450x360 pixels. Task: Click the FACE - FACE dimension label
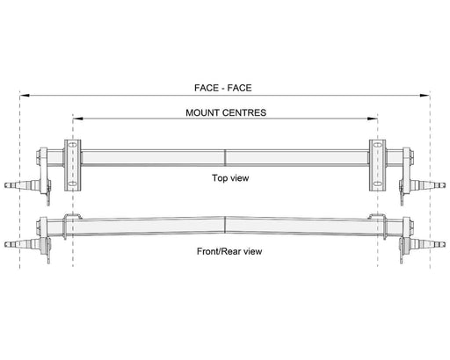pyautogui.click(x=223, y=88)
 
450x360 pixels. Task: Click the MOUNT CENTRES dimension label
pyautogui.click(x=226, y=112)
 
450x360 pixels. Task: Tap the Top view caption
pyautogui.click(x=230, y=178)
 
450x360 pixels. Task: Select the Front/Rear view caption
pyautogui.click(x=229, y=251)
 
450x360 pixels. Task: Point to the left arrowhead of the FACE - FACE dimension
pyautogui.click(x=25, y=96)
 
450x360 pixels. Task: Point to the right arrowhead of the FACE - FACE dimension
pyautogui.click(x=425, y=96)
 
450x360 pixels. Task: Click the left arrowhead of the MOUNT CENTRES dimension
pyautogui.click(x=77, y=119)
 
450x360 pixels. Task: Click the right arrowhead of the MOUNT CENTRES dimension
pyautogui.click(x=373, y=119)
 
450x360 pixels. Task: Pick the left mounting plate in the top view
pyautogui.click(x=73, y=165)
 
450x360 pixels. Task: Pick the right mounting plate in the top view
pyautogui.click(x=378, y=165)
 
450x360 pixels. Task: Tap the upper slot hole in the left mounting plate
pyautogui.click(x=72, y=145)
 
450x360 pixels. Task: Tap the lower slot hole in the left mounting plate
pyautogui.click(x=72, y=184)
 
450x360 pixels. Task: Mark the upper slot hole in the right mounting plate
pyautogui.click(x=378, y=145)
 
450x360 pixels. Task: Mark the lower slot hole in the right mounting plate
pyautogui.click(x=378, y=184)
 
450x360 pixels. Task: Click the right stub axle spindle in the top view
pyautogui.click(x=428, y=185)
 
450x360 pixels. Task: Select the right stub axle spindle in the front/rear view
pyautogui.click(x=428, y=244)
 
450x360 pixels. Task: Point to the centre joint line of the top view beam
pyautogui.click(x=225, y=158)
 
